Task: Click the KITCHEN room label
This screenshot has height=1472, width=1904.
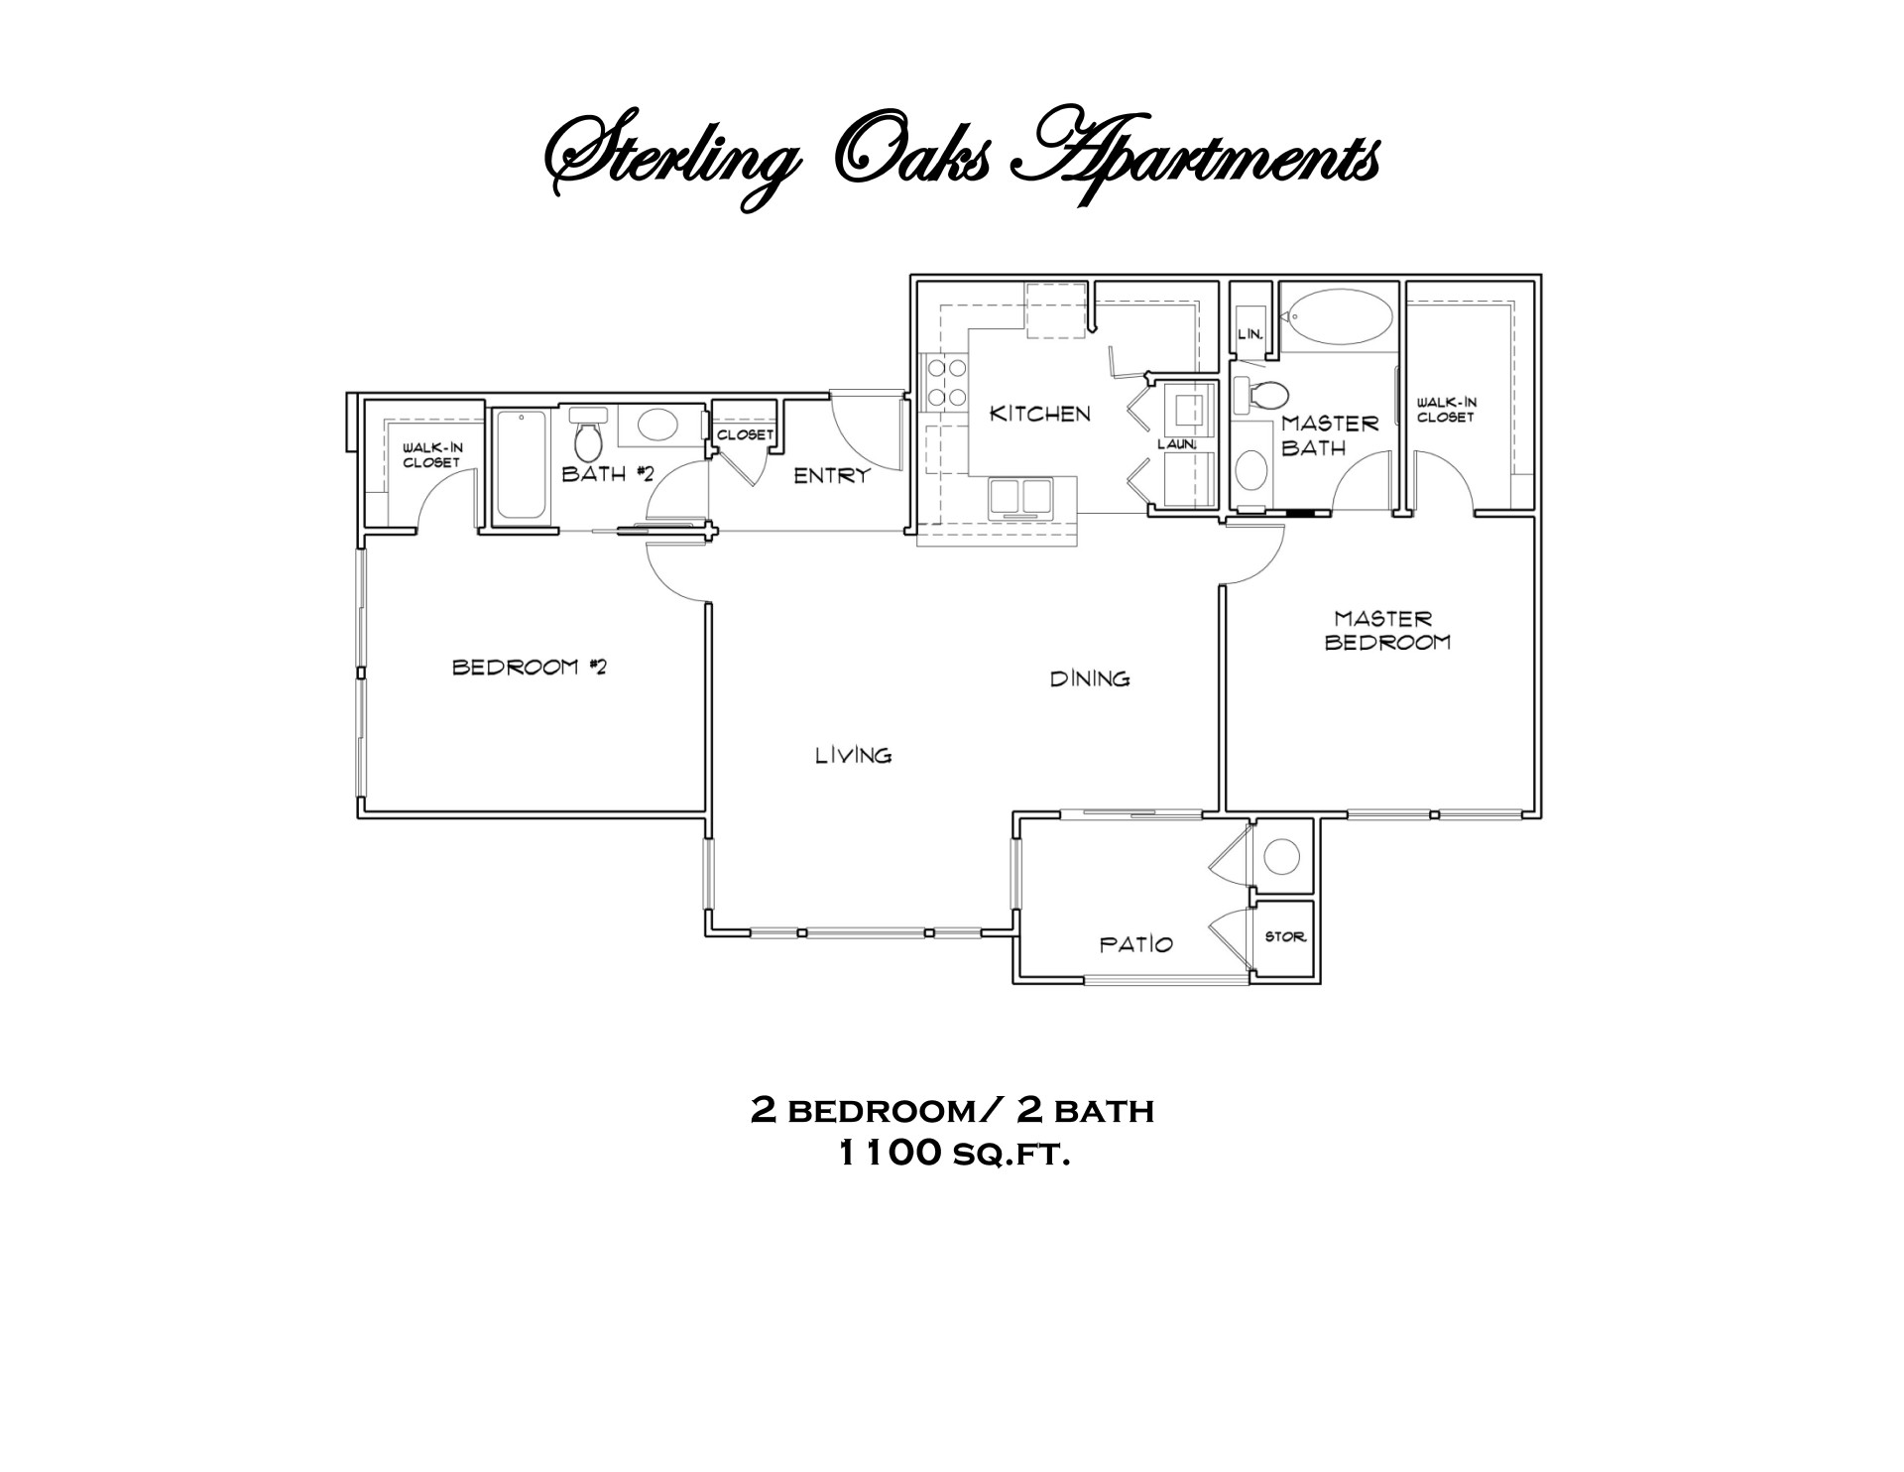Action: click(1039, 414)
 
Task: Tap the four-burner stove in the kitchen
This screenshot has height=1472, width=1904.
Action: click(945, 383)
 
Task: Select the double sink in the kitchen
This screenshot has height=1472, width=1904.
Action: click(1019, 497)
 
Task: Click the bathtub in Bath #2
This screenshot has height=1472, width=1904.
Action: click(522, 464)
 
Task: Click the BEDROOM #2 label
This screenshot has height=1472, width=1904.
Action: click(530, 667)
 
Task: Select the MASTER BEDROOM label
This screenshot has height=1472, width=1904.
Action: click(1386, 630)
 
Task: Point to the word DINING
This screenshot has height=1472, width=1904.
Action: click(1090, 678)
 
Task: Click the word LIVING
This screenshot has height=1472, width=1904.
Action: click(853, 756)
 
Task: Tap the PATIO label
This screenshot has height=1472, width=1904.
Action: click(1135, 944)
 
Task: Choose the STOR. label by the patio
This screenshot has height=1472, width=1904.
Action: click(1284, 936)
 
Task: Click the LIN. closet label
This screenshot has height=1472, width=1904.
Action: click(1249, 334)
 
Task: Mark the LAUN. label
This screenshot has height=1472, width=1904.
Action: click(1177, 444)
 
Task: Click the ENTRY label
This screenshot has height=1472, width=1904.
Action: click(831, 476)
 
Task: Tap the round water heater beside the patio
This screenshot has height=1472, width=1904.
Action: click(1282, 856)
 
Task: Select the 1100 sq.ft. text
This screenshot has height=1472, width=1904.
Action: click(953, 1154)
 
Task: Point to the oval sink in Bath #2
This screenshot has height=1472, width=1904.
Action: click(656, 427)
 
